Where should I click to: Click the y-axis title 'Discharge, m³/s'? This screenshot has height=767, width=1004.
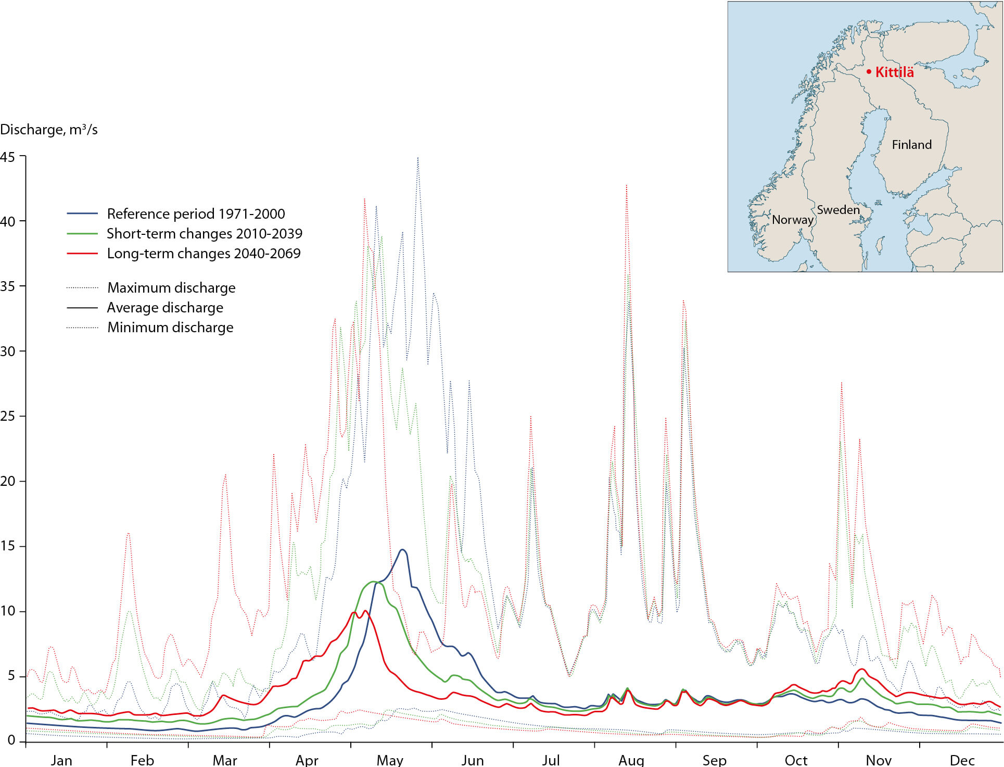click(49, 130)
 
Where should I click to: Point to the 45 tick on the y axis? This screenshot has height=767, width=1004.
click(8, 156)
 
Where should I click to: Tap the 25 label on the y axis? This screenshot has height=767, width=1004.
click(8, 416)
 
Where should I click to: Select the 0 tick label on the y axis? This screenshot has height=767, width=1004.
click(11, 740)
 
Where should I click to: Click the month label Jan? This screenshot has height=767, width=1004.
click(61, 760)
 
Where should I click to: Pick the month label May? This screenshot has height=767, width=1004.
click(390, 760)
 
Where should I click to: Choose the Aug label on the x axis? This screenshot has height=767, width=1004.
click(631, 760)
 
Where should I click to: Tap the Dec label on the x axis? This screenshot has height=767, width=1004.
click(962, 760)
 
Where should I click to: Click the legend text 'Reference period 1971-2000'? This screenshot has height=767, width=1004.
click(196, 214)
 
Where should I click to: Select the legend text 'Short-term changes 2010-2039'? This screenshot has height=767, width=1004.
click(205, 234)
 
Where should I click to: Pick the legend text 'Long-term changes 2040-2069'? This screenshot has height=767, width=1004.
click(204, 254)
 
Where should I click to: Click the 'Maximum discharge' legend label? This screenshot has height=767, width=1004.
click(171, 288)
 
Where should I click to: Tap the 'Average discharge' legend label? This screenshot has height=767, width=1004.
click(165, 308)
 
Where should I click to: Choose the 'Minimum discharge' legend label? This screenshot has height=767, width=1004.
click(170, 328)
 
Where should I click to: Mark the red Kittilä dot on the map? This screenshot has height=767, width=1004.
click(869, 72)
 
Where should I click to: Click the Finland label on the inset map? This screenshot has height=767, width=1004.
click(912, 145)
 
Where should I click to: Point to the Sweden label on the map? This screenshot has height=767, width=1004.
click(838, 210)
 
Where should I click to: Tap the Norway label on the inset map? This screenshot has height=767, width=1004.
click(792, 220)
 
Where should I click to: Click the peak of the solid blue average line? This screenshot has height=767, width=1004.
click(402, 550)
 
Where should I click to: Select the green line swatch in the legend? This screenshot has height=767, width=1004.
click(82, 234)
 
